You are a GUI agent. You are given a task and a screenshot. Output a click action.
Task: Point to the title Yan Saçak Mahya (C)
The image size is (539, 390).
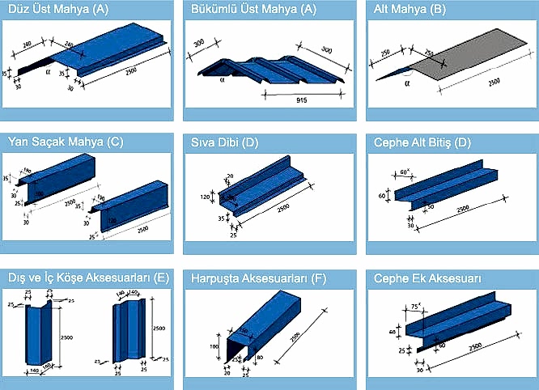pyautogui.click(x=65, y=142)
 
